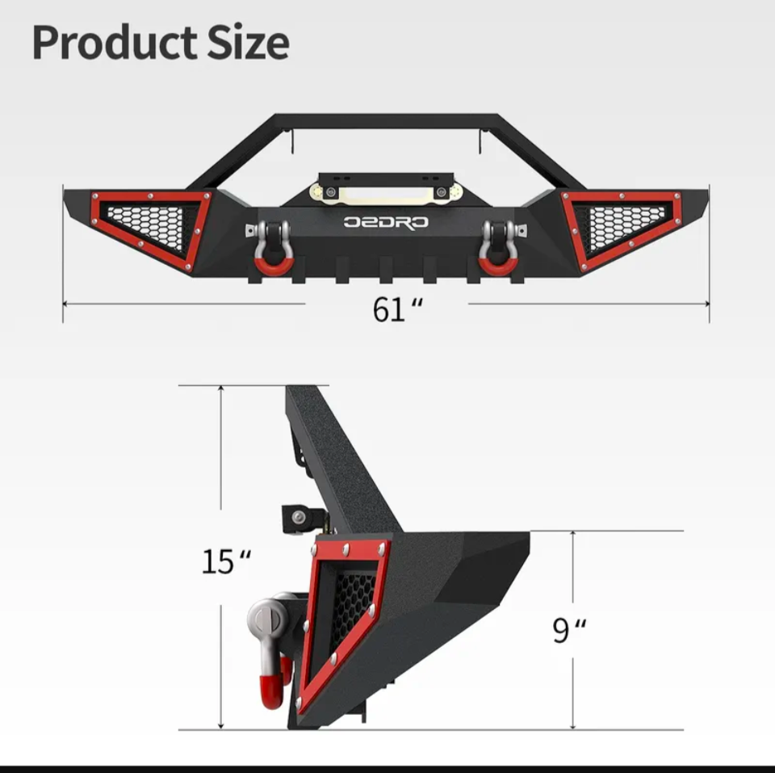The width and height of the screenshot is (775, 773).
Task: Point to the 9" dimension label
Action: pyautogui.click(x=570, y=630)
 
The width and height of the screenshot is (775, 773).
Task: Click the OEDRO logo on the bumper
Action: pyautogui.click(x=387, y=222)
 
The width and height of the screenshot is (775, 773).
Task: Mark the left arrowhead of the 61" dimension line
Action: pyautogui.click(x=66, y=305)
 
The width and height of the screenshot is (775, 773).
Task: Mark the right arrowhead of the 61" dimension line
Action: pyautogui.click(x=706, y=305)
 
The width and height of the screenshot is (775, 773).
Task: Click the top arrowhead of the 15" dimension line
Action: pyautogui.click(x=220, y=389)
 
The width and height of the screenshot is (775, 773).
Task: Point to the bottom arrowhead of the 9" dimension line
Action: pyautogui.click(x=573, y=725)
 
